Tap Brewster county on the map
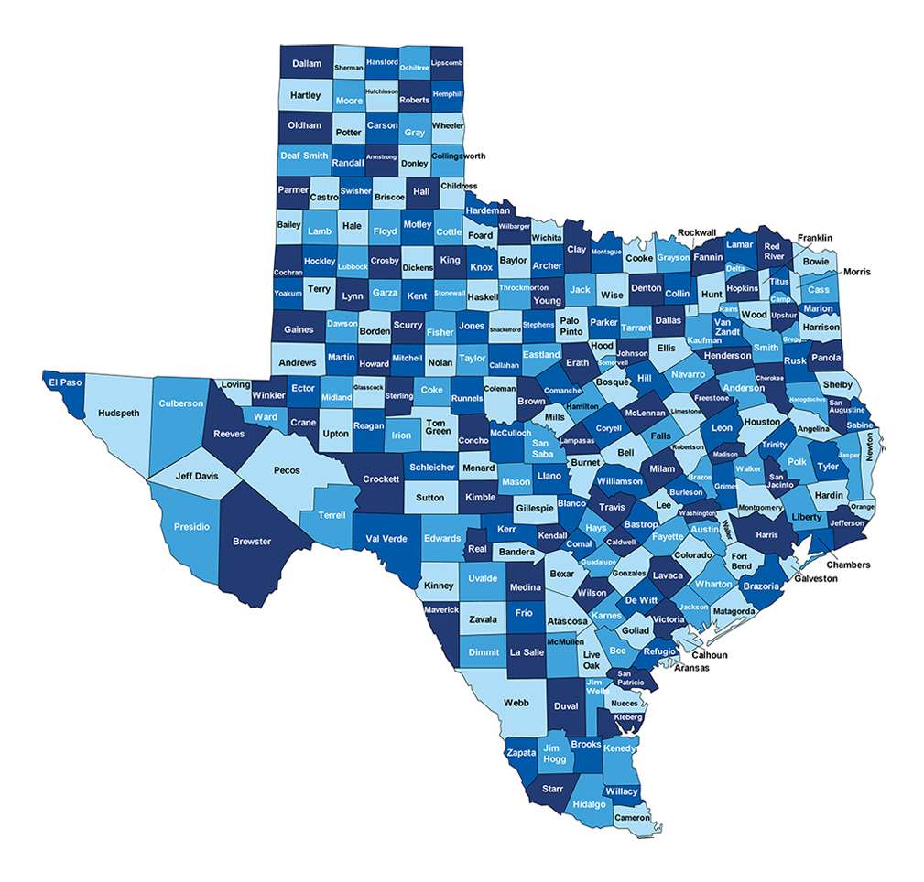tap(252, 541)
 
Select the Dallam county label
tap(307, 63)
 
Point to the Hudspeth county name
tap(119, 413)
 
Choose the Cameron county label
tap(632, 817)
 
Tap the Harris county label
tap(766, 534)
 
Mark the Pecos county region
tap(287, 470)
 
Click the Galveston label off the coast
tap(815, 578)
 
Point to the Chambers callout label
tap(848, 565)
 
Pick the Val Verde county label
tap(386, 539)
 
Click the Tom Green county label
tap(438, 426)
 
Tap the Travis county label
tap(612, 507)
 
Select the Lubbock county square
tap(353, 267)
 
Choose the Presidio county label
tap(191, 527)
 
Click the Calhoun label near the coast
tap(709, 654)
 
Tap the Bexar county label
tap(561, 574)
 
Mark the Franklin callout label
tap(814, 238)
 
